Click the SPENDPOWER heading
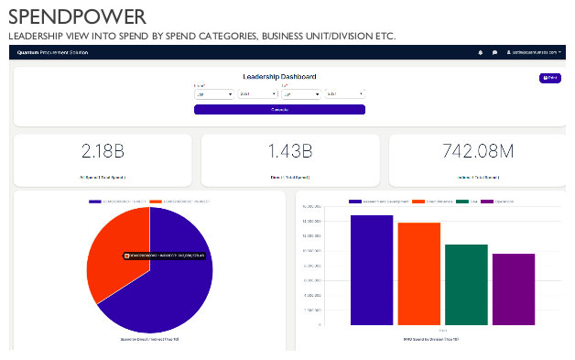coord(77,16)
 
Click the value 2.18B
coord(103,150)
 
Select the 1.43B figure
coord(290,150)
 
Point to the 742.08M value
coord(478,150)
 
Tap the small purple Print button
coord(549,79)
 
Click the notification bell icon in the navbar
coord(480,52)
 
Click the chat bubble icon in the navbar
coord(494,52)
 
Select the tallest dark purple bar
coord(372,270)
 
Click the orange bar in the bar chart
coord(418,274)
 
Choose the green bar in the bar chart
coord(466,284)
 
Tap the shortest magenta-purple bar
coord(513,289)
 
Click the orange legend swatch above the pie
coord(155,201)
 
